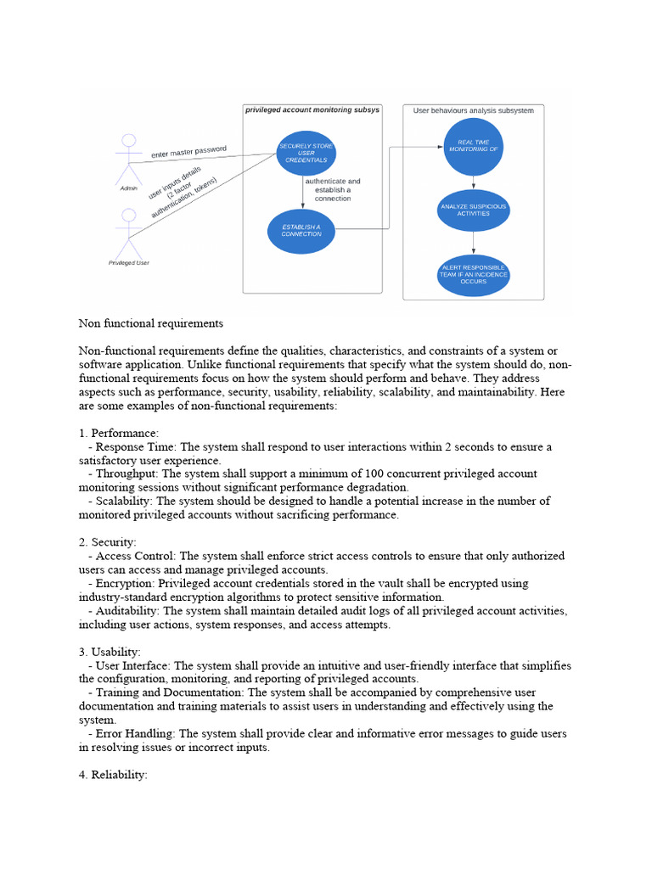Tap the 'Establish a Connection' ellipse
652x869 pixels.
point(301,230)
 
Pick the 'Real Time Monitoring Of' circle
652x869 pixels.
point(473,147)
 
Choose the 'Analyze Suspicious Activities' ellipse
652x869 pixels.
point(473,210)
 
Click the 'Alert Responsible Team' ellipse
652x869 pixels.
point(473,274)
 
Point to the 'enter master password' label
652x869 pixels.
point(188,152)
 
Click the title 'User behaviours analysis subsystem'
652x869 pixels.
point(473,110)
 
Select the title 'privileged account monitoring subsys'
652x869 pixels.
point(312,109)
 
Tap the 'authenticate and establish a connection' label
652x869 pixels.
point(333,189)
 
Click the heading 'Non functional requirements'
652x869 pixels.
point(150,323)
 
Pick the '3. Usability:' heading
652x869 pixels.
point(110,652)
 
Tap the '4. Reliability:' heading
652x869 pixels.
point(113,775)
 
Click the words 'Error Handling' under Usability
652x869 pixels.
point(134,733)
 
